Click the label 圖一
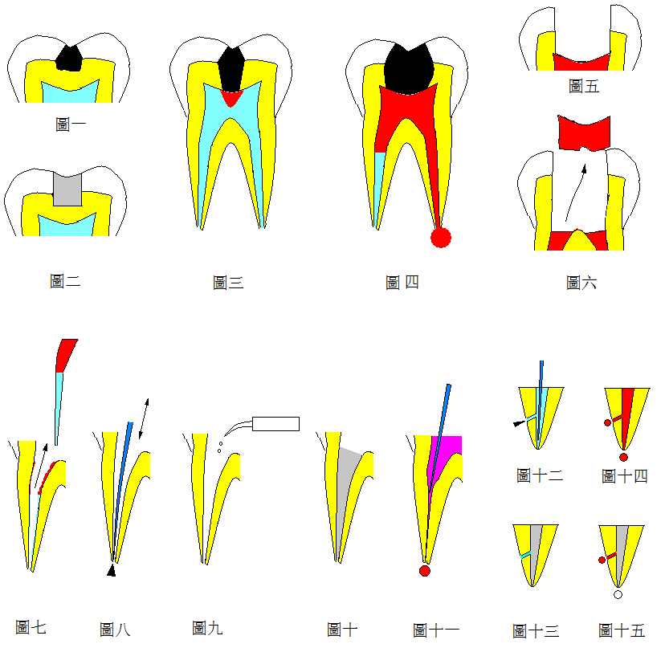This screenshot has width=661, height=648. pos(71,124)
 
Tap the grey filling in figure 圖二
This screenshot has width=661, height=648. pos(67,190)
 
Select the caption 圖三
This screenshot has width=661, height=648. pos(228,283)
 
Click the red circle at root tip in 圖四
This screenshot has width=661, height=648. pos(441,238)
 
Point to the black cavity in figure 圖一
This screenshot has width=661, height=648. pos(69,59)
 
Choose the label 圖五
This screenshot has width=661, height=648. pos(584,86)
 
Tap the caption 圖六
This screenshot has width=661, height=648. pos(581,283)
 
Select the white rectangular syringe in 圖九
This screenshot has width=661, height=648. pos(275,424)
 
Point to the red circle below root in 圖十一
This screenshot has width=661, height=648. pos(425,571)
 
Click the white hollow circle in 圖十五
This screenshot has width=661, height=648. pos(618,594)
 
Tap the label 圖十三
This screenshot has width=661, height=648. pos(536,630)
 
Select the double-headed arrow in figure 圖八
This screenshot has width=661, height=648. pos(144,418)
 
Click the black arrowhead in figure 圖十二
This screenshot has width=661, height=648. pos(519,423)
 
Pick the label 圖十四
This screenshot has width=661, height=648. pos(624,476)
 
